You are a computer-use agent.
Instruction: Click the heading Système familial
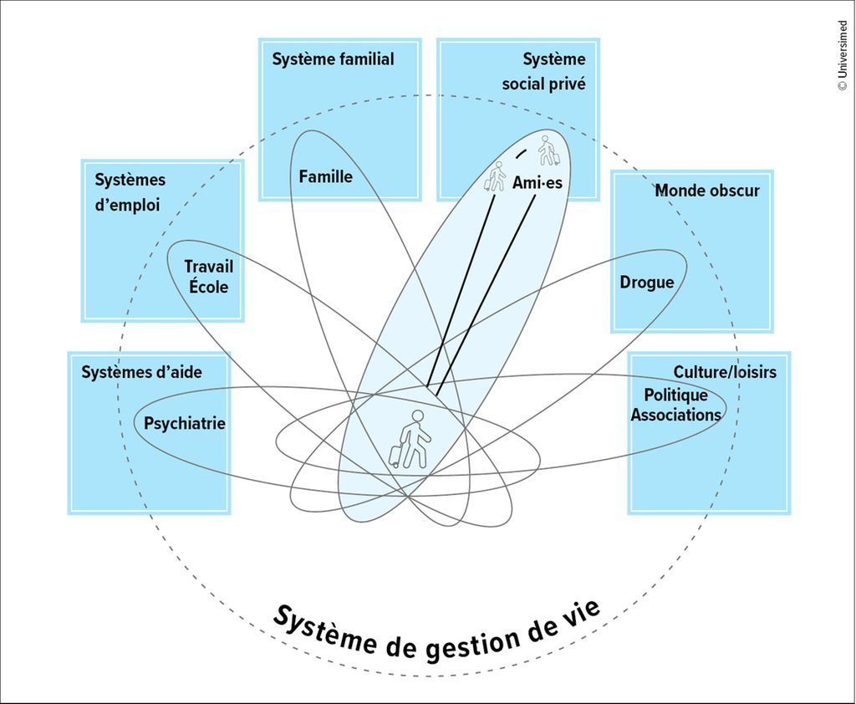click(333, 59)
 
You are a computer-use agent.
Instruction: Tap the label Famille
click(325, 177)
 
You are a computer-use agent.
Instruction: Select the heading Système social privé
click(544, 72)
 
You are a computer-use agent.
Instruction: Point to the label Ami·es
click(538, 183)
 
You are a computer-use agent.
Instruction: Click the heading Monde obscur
click(706, 191)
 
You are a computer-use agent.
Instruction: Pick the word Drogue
click(646, 283)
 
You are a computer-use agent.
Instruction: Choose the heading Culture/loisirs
click(725, 371)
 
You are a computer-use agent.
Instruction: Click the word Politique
click(675, 395)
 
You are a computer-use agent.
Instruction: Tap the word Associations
click(675, 415)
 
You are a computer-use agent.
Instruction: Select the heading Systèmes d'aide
click(141, 372)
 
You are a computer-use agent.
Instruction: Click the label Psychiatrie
click(185, 423)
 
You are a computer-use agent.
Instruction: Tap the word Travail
click(208, 267)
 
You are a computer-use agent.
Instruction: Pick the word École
click(208, 287)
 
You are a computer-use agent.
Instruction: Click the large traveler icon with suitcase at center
click(410, 439)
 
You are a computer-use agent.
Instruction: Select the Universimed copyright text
click(842, 55)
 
